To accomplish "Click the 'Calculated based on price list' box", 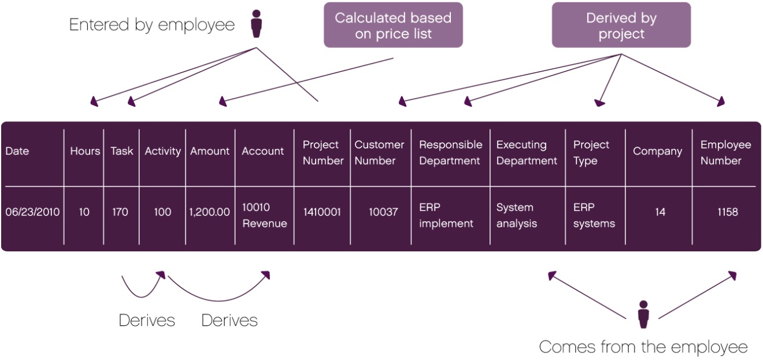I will tap(393, 25).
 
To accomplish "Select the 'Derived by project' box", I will tap(621, 25).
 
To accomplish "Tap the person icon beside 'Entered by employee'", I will tap(256, 24).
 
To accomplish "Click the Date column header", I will tap(17, 151).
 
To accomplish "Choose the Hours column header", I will tap(85, 151).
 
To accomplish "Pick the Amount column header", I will tap(210, 151).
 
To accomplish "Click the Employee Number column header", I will tap(725, 153).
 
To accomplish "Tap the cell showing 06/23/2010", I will tap(32, 212).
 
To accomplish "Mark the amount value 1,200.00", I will tap(210, 212).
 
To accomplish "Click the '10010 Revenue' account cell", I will tap(264, 215).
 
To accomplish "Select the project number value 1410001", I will tap(322, 212).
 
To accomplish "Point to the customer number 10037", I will tap(383, 212).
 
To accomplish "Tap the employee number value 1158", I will tap(727, 212).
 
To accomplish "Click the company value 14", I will tap(660, 212).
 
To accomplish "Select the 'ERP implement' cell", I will tap(446, 215).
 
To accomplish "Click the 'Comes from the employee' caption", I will tap(643, 347).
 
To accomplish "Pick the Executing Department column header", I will tap(526, 153).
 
